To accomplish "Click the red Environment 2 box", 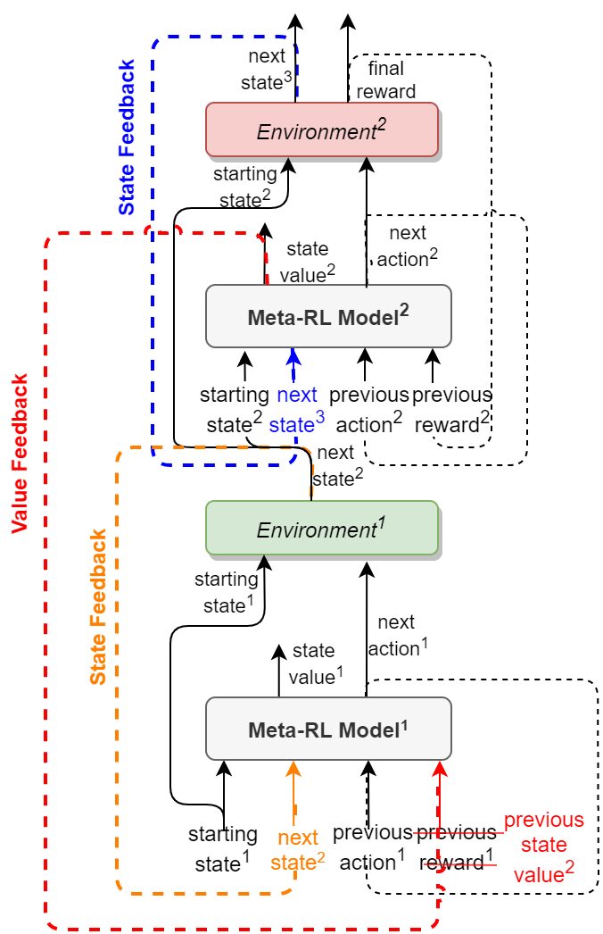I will tap(321, 129).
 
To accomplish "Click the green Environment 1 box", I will tap(321, 528).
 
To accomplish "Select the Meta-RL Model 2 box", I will tap(328, 316).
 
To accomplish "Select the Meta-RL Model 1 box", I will tap(328, 728).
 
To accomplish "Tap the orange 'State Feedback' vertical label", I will tap(98, 606).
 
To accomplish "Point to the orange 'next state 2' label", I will tap(298, 849).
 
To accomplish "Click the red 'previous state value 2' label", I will tap(543, 847).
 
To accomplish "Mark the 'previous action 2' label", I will tap(368, 409).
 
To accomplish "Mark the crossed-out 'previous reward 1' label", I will tap(456, 847).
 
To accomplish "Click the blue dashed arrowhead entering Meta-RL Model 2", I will tap(291, 356).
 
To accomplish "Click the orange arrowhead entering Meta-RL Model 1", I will tap(291, 769).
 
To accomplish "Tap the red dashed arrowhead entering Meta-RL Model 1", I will tap(440, 769).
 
